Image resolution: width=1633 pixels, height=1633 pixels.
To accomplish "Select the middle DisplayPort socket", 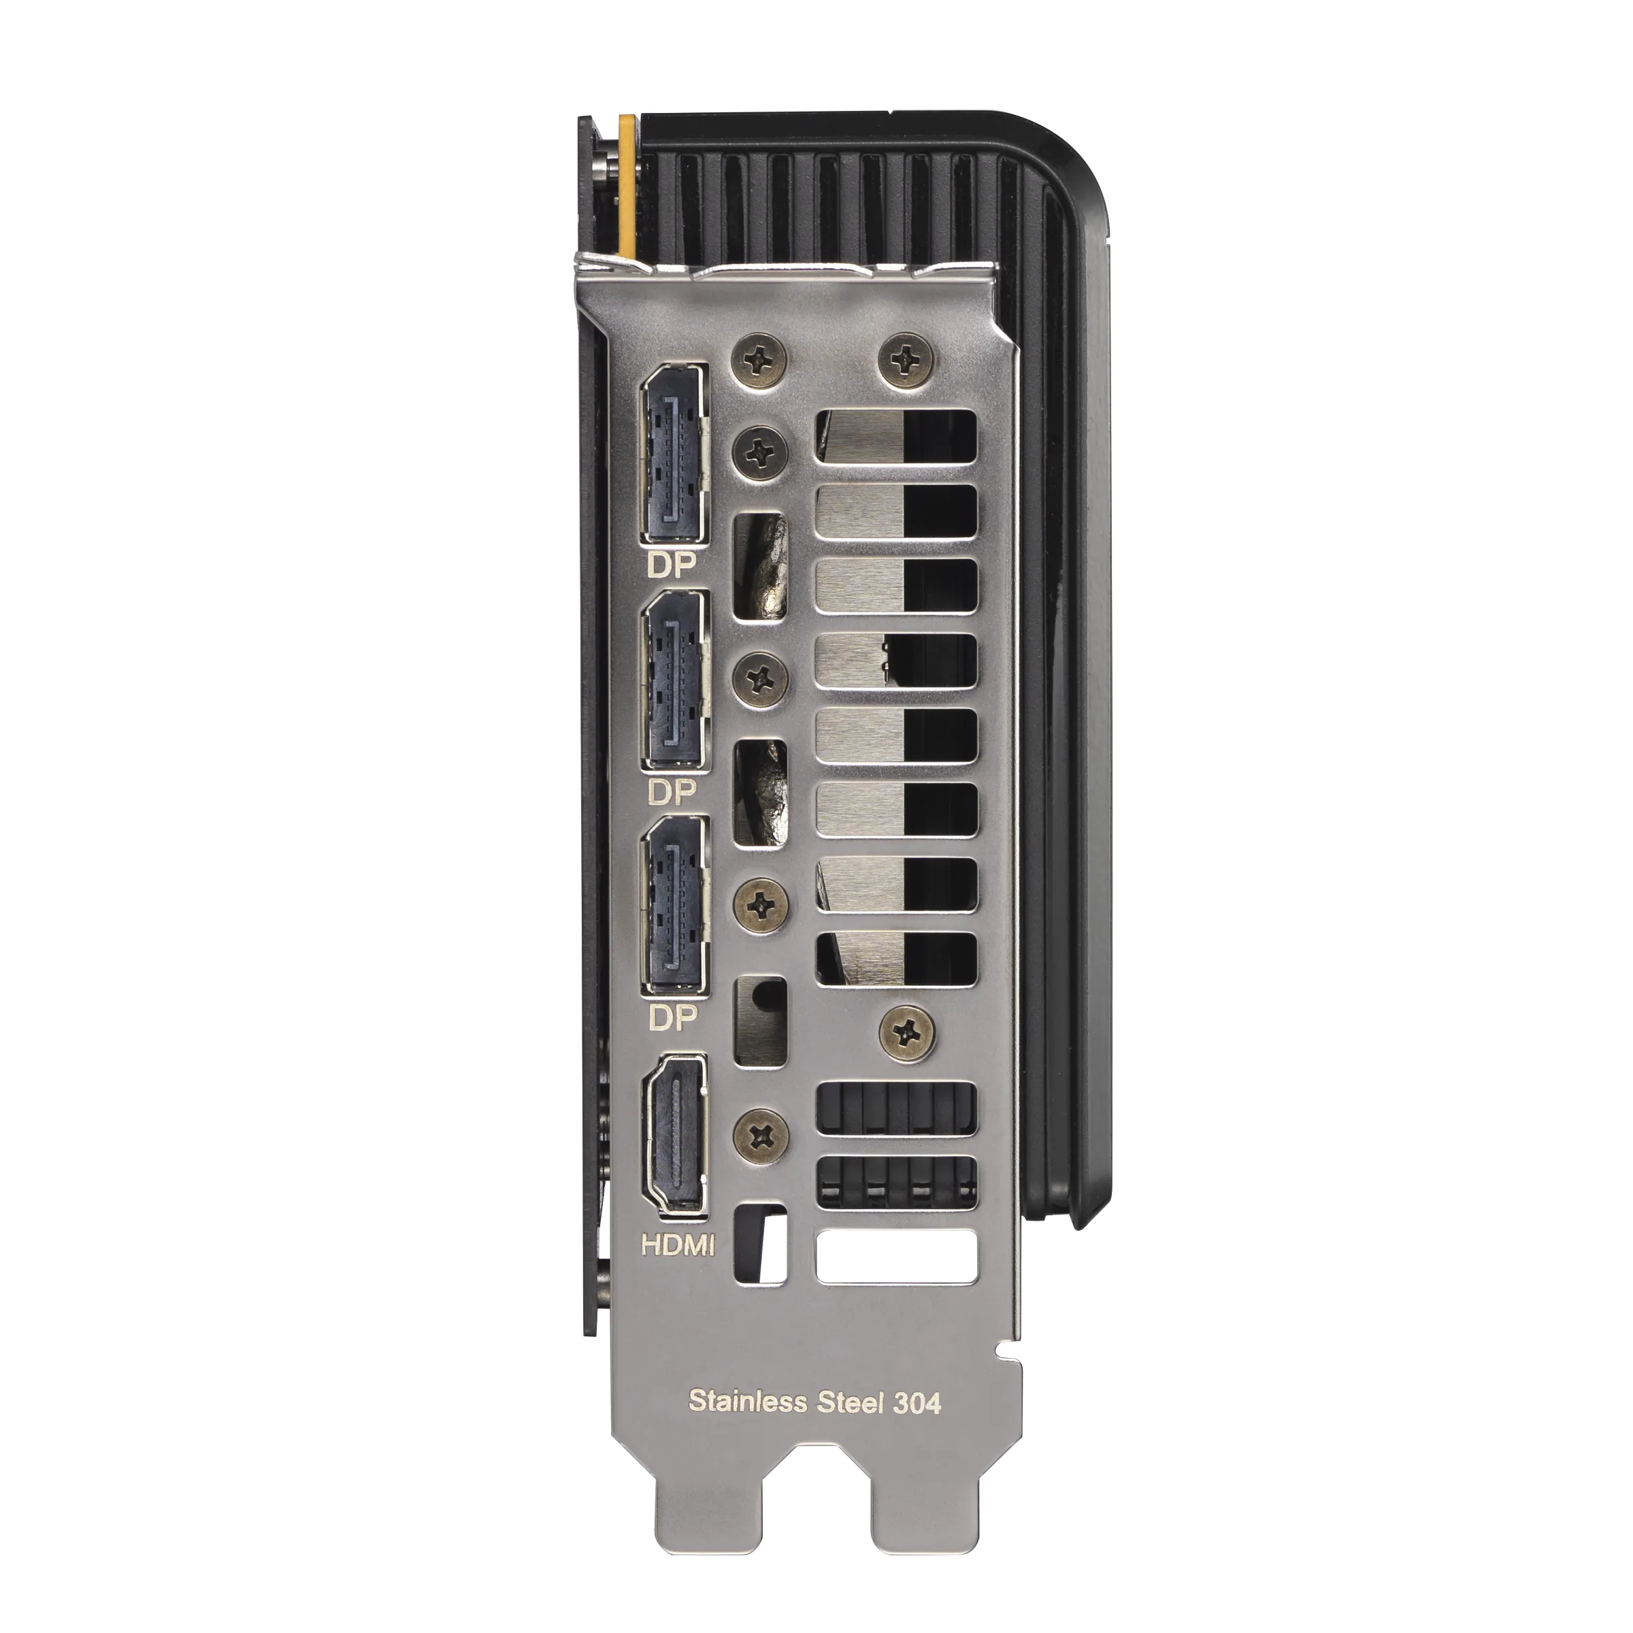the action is point(674,680).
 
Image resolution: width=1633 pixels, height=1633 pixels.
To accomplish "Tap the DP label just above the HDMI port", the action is point(672,1019).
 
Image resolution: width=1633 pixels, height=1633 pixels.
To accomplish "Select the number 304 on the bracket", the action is point(917,1402).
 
